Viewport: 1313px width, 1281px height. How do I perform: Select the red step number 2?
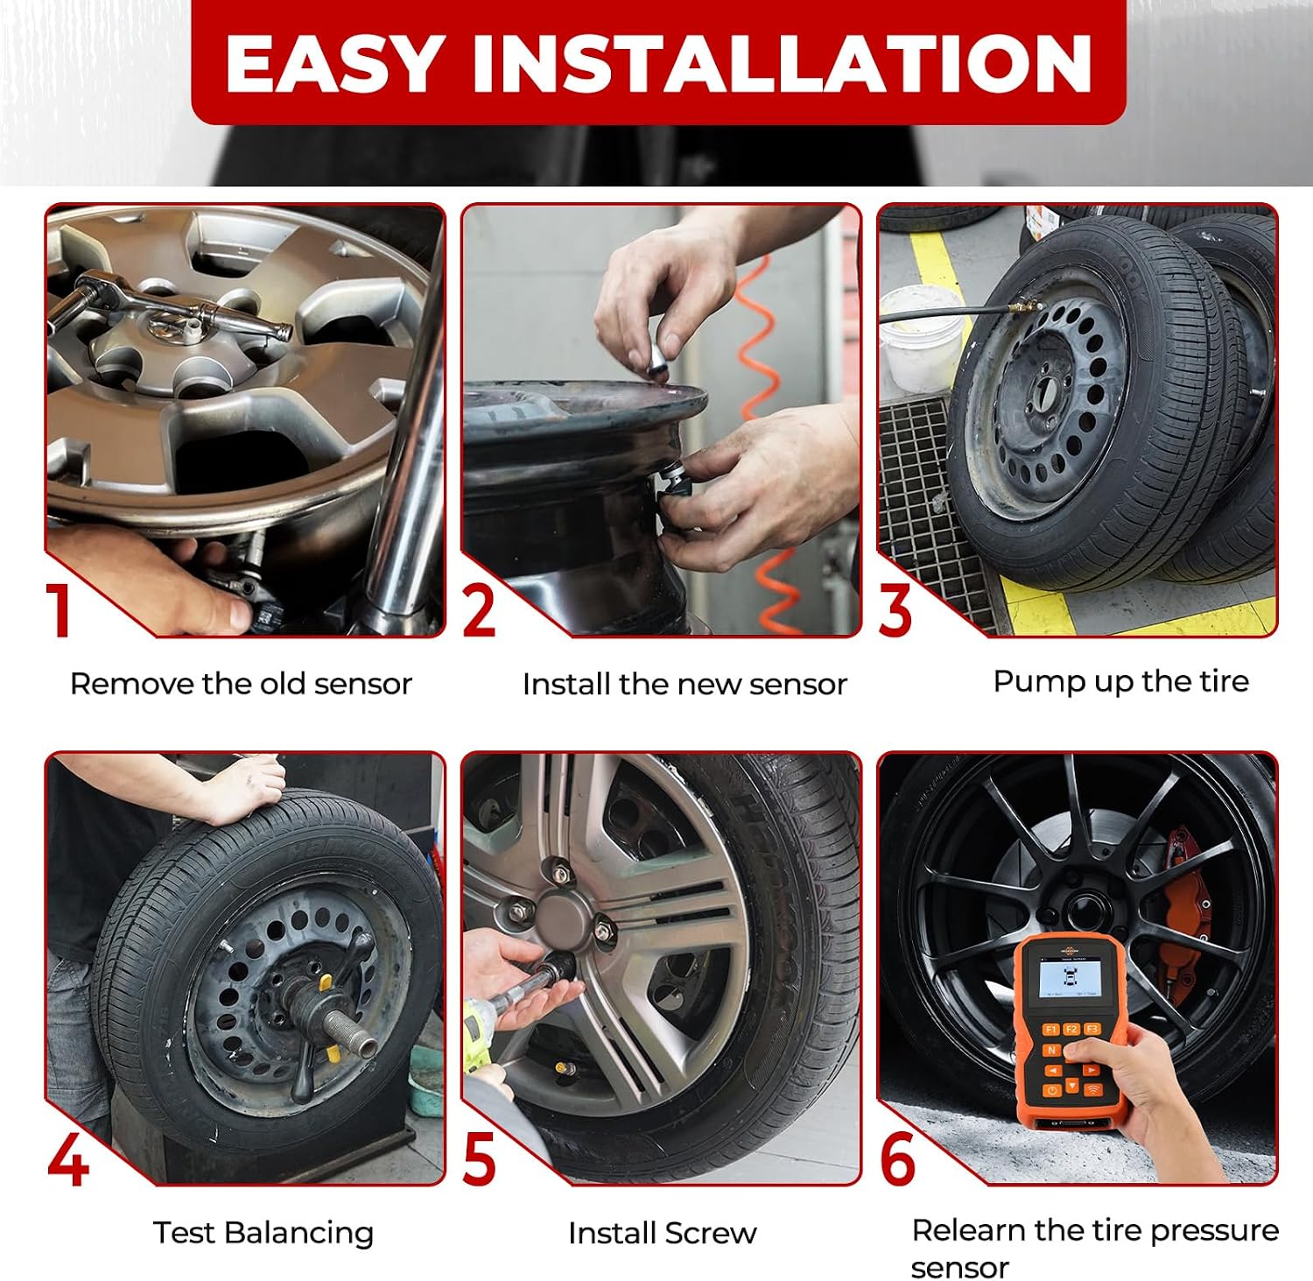click(x=479, y=609)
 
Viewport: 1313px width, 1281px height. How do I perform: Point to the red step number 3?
click(x=895, y=609)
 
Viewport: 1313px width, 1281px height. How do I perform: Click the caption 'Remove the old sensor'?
click(x=241, y=684)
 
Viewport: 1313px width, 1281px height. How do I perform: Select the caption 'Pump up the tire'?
click(x=1120, y=682)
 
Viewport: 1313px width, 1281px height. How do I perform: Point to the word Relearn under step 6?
click(x=968, y=1230)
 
